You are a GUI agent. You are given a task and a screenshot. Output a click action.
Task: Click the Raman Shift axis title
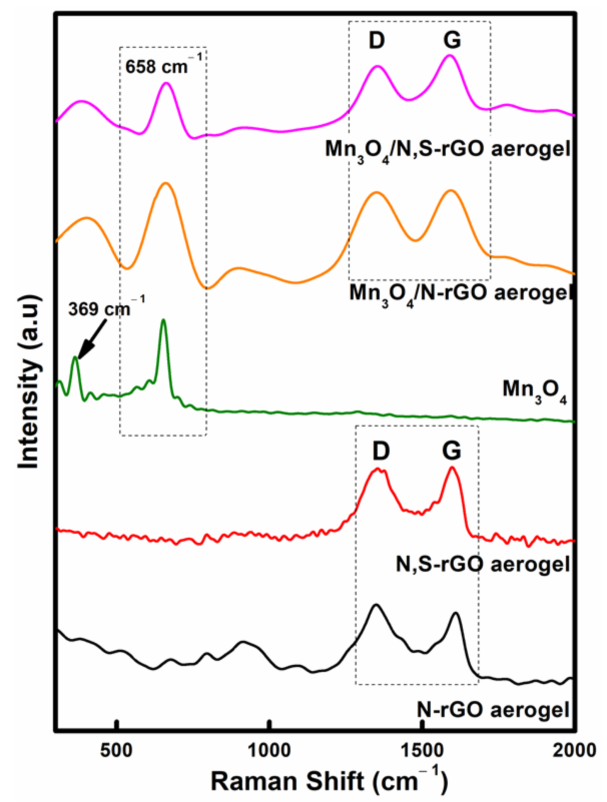pos(329,782)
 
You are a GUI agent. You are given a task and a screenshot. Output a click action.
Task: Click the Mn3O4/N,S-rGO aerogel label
pos(448,150)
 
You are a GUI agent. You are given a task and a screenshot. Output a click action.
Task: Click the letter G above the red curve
pos(452,451)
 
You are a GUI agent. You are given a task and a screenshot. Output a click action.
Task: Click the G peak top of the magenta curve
pos(450,55)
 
